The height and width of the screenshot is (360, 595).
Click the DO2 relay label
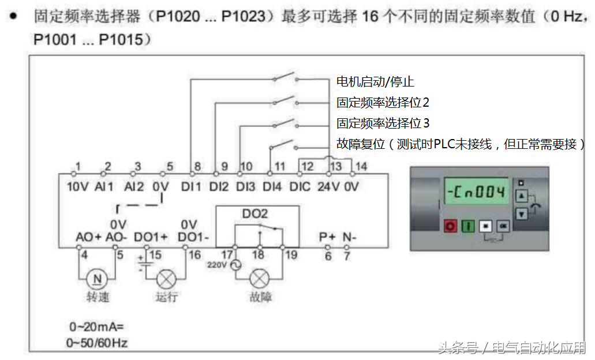click(x=255, y=213)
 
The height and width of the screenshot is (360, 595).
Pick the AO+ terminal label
click(x=88, y=237)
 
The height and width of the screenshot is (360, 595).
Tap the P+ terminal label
click(x=327, y=237)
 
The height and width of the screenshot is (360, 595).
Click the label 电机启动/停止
click(x=375, y=82)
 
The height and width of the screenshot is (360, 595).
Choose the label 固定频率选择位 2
click(x=383, y=103)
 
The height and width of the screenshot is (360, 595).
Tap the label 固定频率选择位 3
click(x=383, y=123)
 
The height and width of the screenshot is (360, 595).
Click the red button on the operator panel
click(x=450, y=226)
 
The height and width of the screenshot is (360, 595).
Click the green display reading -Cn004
click(x=476, y=192)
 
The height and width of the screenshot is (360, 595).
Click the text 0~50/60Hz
click(x=97, y=343)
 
